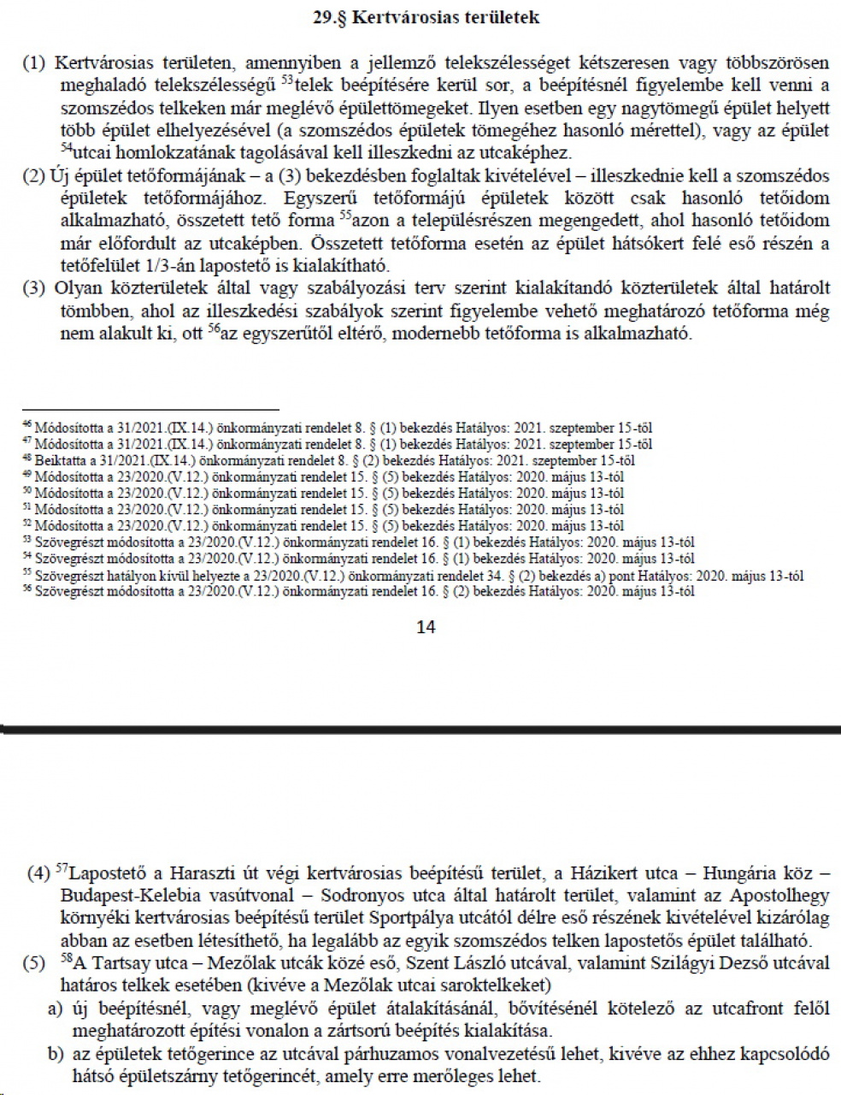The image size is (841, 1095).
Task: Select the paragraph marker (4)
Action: pos(38,875)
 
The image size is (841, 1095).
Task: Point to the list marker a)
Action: pos(56,1009)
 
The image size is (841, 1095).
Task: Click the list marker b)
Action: pos(56,1055)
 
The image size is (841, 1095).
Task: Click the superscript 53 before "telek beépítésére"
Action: pos(287,81)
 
